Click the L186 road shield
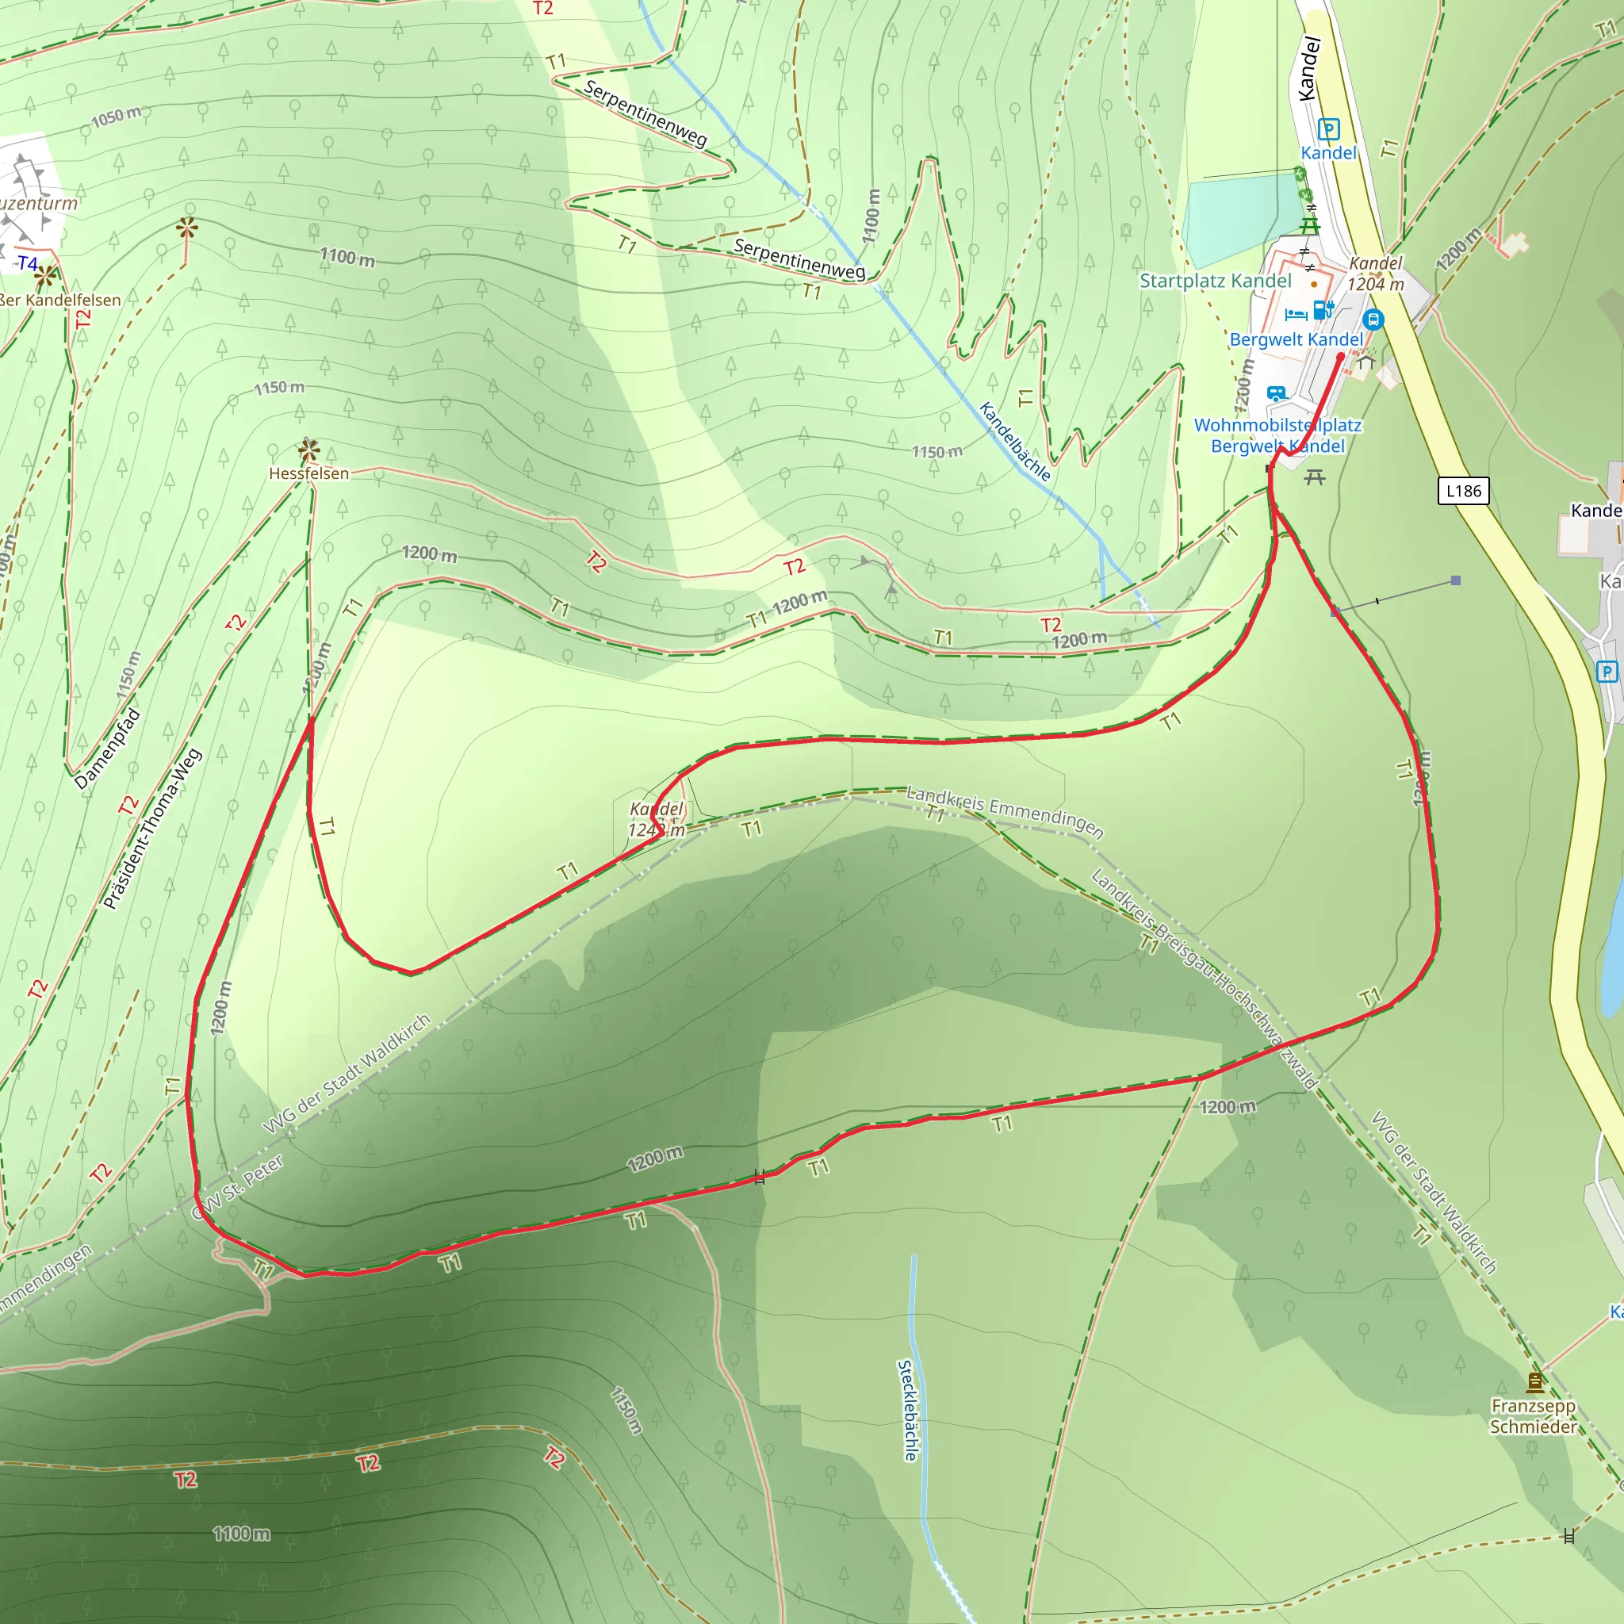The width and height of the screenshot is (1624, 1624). [1464, 491]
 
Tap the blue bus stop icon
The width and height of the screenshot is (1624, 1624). [1373, 320]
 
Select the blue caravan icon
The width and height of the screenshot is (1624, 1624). [1276, 393]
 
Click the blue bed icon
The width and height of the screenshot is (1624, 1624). [1296, 314]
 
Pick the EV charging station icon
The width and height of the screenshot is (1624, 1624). [1323, 310]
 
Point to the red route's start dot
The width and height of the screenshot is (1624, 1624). [1340, 356]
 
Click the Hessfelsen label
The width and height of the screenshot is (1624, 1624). [308, 473]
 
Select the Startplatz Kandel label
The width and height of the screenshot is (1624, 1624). [1215, 281]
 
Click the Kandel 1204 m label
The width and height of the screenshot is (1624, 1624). [1376, 274]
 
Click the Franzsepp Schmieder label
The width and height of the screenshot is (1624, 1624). [1534, 1416]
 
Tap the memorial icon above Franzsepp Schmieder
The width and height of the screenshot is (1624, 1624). [1535, 1382]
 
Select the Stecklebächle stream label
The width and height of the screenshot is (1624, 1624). [908, 1410]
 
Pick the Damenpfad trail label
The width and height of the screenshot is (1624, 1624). [107, 749]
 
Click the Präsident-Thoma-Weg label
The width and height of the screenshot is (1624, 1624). [152, 829]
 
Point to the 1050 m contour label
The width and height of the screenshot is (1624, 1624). [116, 116]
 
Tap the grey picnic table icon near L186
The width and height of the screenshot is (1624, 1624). [1315, 477]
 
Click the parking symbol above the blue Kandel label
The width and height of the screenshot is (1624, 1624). [1329, 128]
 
